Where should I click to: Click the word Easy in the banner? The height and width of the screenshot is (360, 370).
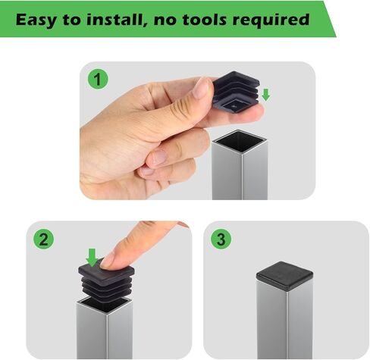coord(36,20)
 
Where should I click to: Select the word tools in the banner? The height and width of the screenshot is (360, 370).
coord(205,20)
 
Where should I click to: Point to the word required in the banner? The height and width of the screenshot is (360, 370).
coord(271,20)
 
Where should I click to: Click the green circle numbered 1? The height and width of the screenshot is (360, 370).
coord(98,79)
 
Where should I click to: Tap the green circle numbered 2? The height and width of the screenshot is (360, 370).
coord(43,238)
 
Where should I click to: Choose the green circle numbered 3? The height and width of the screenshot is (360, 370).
coord(221,238)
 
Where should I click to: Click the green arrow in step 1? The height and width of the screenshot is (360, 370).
coord(266,95)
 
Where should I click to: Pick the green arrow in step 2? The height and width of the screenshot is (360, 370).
coord(92,257)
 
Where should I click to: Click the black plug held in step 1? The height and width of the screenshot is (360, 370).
coord(237,92)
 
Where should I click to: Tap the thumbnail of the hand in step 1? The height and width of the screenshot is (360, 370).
coord(201,88)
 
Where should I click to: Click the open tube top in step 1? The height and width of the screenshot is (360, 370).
coord(239,141)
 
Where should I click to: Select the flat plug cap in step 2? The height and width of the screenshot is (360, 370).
coord(106,271)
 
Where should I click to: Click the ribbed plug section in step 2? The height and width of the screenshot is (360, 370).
coord(107,290)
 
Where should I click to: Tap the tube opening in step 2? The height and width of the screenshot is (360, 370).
coord(105,305)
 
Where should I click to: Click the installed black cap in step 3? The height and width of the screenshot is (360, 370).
coord(284,276)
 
